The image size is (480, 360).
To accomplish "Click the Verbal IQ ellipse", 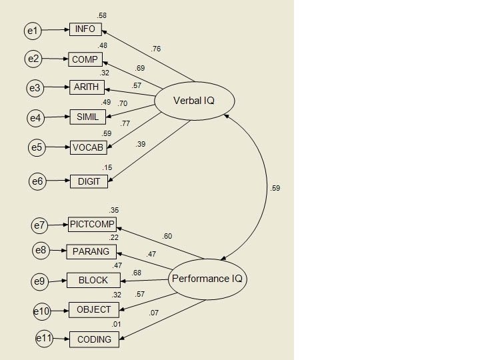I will pyautogui.click(x=195, y=101).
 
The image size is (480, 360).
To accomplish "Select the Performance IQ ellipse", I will pyautogui.click(x=208, y=279).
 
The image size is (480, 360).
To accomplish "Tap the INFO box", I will pyautogui.click(x=85, y=29).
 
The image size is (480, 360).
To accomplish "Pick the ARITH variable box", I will pyautogui.click(x=87, y=87).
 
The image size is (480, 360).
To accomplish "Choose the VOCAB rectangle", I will pyautogui.click(x=88, y=147).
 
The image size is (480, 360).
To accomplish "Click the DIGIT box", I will pyautogui.click(x=88, y=181).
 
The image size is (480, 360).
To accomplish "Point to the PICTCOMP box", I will pyautogui.click(x=92, y=224).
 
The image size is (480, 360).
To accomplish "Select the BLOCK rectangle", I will pyautogui.click(x=93, y=280).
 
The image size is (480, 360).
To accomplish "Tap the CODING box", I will pyautogui.click(x=94, y=339).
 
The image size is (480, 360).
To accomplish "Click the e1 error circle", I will pyautogui.click(x=33, y=30).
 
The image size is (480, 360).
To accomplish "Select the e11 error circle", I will pyautogui.click(x=43, y=339).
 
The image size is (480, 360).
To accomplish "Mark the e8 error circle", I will pyautogui.click(x=41, y=251).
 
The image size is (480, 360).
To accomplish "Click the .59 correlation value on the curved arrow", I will pyautogui.click(x=275, y=188).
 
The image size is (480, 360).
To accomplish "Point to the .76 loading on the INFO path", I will pyautogui.click(x=156, y=49).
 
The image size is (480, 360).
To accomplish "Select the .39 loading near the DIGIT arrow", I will pyautogui.click(x=141, y=144).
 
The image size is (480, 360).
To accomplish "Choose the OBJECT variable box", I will pyautogui.click(x=94, y=309).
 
